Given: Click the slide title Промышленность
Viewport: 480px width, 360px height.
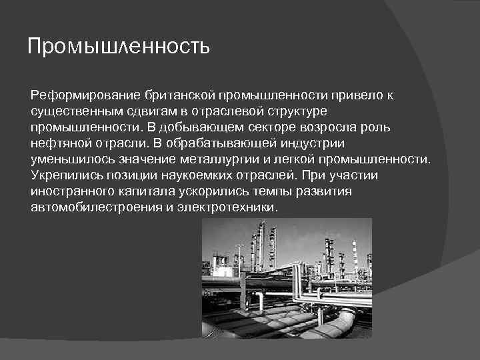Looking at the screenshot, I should pyautogui.click(x=119, y=47).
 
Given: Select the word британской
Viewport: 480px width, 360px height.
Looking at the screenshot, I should pyautogui.click(x=169, y=95).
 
